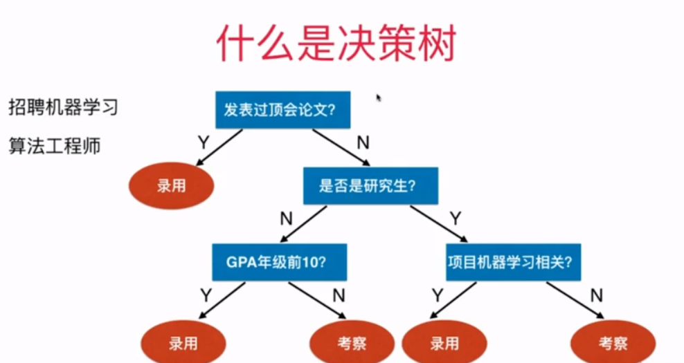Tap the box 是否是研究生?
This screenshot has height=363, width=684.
pyautogui.click(x=370, y=186)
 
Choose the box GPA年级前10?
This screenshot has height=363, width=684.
pyautogui.click(x=279, y=262)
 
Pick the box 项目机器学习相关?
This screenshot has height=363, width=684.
pyautogui.click(x=513, y=262)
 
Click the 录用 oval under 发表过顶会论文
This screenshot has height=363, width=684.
pyautogui.click(x=171, y=186)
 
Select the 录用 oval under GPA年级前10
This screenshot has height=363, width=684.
pyautogui.click(x=183, y=343)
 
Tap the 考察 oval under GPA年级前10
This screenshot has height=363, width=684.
pyautogui.click(x=352, y=343)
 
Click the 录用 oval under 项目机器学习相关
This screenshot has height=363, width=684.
pyautogui.click(x=444, y=343)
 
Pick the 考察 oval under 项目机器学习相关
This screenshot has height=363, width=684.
pyautogui.click(x=613, y=343)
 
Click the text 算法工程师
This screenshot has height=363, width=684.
pyautogui.click(x=55, y=146)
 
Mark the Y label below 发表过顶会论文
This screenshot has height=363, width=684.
pyautogui.click(x=203, y=143)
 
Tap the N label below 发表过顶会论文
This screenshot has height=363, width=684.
pyautogui.click(x=362, y=143)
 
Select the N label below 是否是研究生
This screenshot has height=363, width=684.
pyautogui.click(x=286, y=220)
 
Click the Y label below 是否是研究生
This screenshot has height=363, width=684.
pyautogui.click(x=455, y=220)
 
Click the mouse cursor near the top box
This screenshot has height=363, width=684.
pyautogui.click(x=379, y=98)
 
